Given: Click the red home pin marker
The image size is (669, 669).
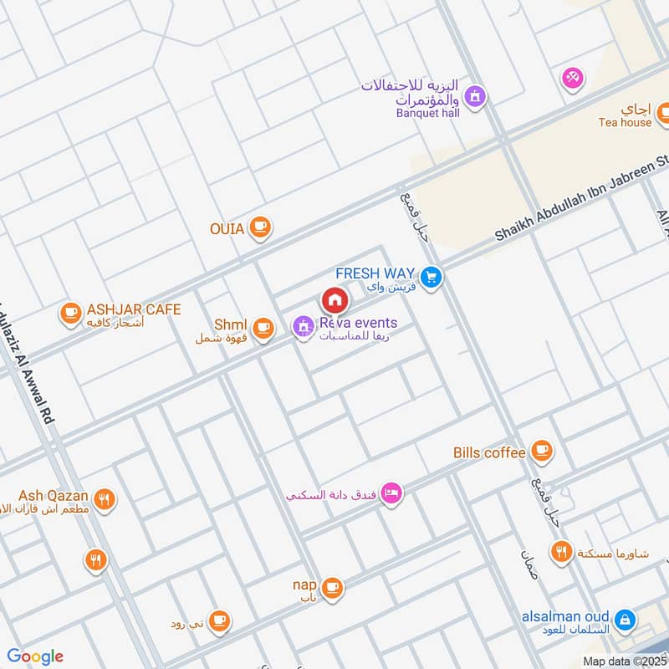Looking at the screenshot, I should pos(334,299).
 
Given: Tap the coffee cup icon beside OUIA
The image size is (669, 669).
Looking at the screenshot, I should pos(261,227).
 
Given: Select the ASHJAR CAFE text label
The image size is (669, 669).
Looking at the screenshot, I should pos(133,309).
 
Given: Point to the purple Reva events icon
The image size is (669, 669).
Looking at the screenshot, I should pos(303,327).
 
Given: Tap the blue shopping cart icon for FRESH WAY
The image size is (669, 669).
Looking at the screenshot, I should pos(431,278).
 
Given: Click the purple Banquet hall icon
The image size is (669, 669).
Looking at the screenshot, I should pos(475,97).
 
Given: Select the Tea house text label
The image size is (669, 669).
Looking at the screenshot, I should pos(625,122).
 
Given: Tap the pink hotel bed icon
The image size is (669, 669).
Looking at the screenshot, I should pos(391,493).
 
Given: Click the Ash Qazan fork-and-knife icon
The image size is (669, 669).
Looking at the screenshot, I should pos(105,500).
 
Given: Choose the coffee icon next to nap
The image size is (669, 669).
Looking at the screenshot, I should pos(332,587).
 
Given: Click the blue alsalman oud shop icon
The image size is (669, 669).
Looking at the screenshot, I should pos(623,620).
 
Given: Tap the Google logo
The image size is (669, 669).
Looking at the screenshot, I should pos(35,656).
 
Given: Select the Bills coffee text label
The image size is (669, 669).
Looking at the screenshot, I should pos(489,452).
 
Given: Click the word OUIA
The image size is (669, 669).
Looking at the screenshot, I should pos(227,228).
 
